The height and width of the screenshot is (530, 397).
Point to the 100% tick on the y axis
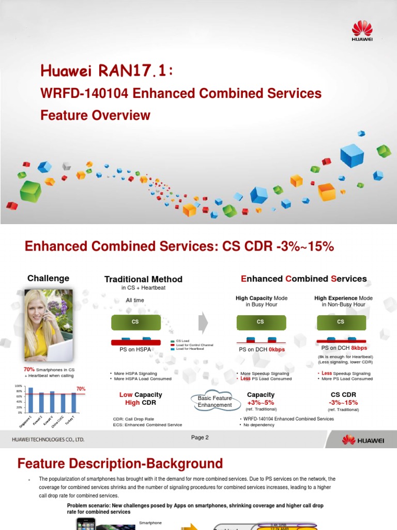pyautogui.click(x=19, y=387)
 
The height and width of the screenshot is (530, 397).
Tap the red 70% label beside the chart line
pyautogui.click(x=81, y=389)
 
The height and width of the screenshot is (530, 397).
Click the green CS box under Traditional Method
pyautogui.click(x=135, y=321)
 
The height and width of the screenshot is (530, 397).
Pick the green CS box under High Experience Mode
pyautogui.click(x=341, y=321)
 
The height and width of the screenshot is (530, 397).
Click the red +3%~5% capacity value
pyautogui.click(x=261, y=403)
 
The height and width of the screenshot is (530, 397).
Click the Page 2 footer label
pyautogui.click(x=200, y=437)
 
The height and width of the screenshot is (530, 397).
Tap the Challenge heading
pyautogui.click(x=48, y=278)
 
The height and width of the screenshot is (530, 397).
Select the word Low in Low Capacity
pyautogui.click(x=126, y=395)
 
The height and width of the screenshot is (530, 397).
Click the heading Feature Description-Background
pyautogui.click(x=120, y=463)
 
